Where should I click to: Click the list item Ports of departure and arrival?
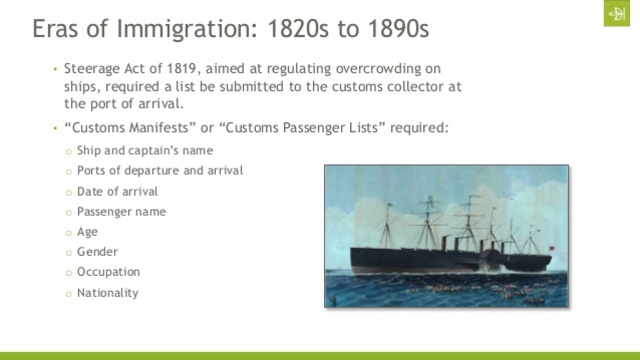(x=160, y=170)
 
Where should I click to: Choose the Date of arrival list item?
(x=118, y=191)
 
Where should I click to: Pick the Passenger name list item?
(x=121, y=211)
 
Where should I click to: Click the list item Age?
(x=87, y=231)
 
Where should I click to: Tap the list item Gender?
(x=97, y=252)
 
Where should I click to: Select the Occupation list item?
(x=108, y=272)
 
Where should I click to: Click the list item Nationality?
(x=107, y=293)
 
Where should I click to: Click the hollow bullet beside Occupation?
(x=67, y=273)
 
